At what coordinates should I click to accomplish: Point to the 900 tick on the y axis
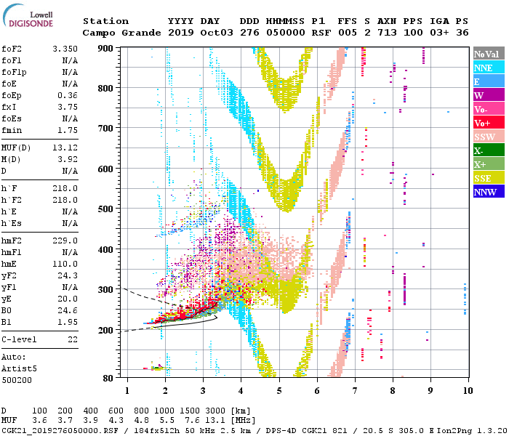click(106, 48)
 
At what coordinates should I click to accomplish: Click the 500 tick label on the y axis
click(106, 209)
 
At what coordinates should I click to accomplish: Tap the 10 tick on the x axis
click(465, 391)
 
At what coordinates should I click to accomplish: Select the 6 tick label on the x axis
click(316, 391)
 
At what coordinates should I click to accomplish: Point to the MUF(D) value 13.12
click(65, 147)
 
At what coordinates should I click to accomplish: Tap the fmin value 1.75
click(68, 130)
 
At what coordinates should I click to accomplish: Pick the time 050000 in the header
click(286, 33)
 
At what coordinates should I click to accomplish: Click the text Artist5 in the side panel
click(20, 368)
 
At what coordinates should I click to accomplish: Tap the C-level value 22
click(73, 340)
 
